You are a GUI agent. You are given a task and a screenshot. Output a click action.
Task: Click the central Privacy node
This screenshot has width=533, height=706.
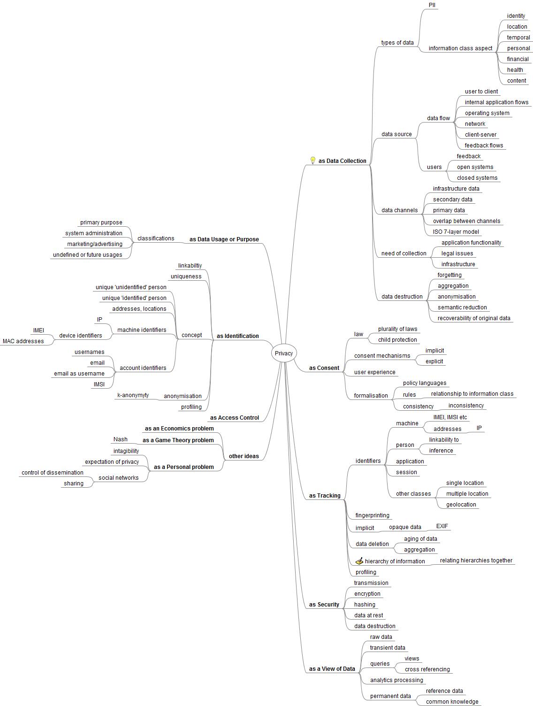[284, 353]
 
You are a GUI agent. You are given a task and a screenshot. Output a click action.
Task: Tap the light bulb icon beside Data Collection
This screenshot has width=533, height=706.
[313, 161]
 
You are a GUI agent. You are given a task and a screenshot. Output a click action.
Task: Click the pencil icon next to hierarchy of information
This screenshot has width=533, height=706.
[359, 561]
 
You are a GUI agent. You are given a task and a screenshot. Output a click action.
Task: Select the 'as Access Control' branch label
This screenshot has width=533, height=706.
[234, 418]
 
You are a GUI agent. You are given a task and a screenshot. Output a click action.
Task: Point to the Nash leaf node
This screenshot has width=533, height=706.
[120, 439]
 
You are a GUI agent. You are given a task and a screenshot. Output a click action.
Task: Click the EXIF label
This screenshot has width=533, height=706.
[442, 526]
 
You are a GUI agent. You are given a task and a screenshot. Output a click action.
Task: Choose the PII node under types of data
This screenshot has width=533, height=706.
[433, 5]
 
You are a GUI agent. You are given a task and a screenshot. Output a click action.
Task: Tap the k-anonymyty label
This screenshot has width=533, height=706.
[133, 395]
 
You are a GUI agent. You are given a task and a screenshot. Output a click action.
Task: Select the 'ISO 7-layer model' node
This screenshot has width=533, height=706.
[456, 232]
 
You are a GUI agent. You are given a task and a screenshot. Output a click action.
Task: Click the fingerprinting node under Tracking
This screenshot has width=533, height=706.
[372, 515]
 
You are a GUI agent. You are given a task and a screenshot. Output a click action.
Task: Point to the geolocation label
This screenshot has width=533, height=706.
[461, 505]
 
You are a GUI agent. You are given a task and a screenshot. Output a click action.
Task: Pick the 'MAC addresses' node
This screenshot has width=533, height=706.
[23, 341]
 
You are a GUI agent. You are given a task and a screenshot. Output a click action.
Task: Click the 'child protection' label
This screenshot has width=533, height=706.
[397, 340]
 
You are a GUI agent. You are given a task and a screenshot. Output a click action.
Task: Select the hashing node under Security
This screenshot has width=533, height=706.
[365, 605]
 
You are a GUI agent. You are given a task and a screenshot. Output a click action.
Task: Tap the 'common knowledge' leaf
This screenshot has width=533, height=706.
[452, 702]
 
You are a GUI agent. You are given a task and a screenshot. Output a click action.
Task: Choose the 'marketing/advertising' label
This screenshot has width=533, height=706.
[94, 244]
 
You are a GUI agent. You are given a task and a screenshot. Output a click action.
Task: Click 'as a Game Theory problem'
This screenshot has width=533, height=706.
[178, 440]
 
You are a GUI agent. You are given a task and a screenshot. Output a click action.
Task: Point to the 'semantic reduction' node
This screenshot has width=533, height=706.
[462, 307]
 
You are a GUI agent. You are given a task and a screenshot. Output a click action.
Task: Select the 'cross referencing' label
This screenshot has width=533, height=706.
[427, 669]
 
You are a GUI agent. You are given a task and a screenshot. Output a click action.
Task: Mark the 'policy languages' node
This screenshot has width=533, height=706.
[424, 383]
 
